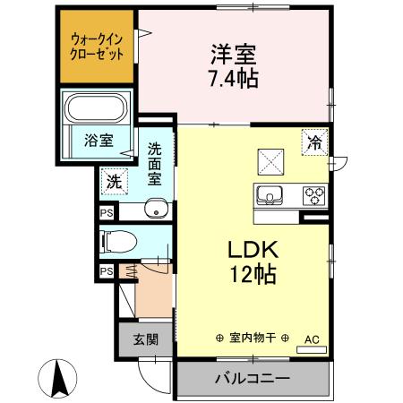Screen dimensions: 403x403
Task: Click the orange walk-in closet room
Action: click(x=97, y=47)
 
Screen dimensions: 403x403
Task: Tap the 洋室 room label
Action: click(x=236, y=53)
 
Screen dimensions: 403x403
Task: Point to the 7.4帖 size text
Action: click(x=235, y=78)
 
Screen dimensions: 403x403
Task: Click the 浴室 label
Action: click(x=98, y=141)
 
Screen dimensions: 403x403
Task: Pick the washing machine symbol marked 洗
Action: click(x=113, y=180)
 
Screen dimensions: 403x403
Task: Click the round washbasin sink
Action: click(x=158, y=211)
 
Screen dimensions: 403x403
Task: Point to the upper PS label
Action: click(x=107, y=213)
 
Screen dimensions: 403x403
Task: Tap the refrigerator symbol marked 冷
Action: click(x=314, y=141)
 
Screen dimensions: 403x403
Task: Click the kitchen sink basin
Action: click(x=270, y=193)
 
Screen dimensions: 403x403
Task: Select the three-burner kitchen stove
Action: click(x=314, y=193)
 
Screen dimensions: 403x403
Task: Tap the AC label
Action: click(x=312, y=339)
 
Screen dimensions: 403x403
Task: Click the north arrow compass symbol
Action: click(x=59, y=377)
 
